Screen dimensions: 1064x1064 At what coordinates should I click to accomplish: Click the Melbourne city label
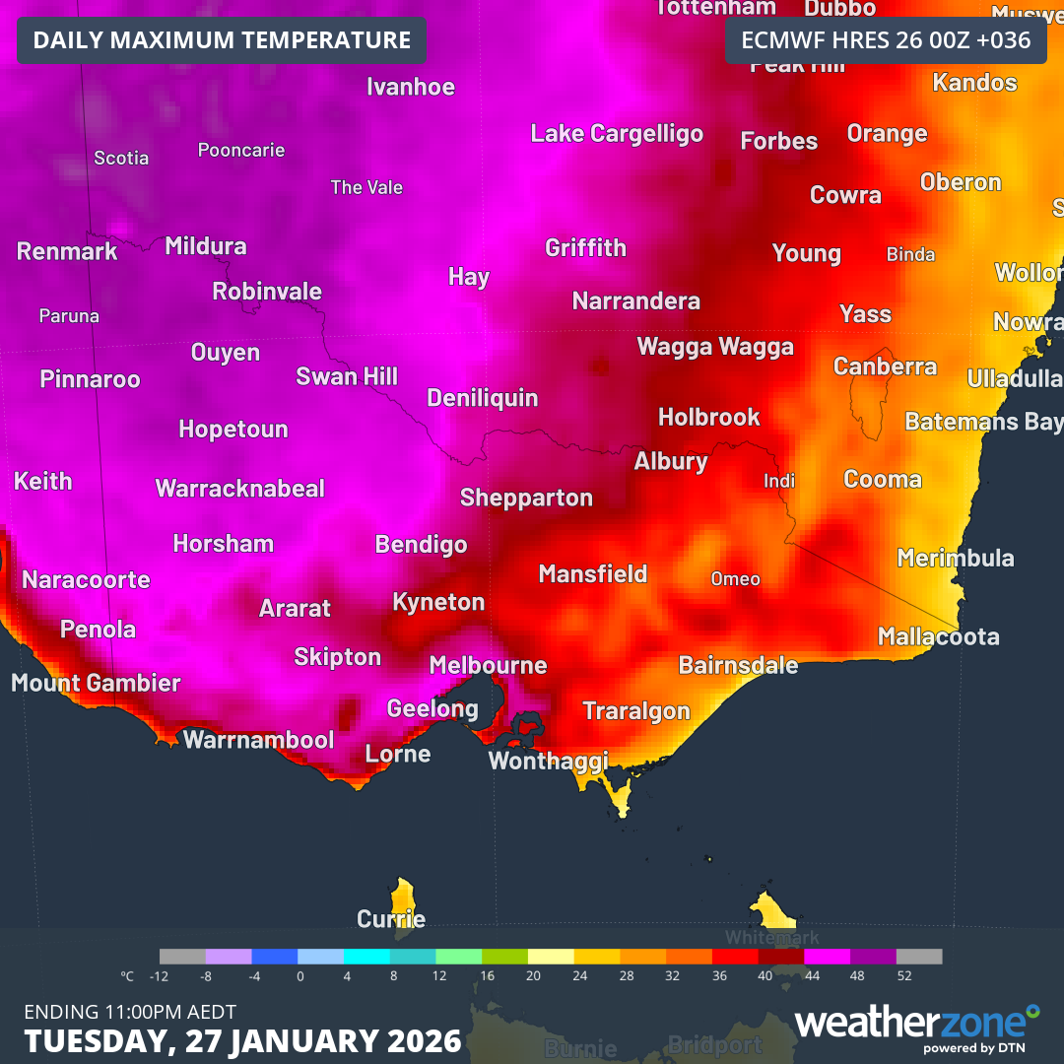(x=488, y=665)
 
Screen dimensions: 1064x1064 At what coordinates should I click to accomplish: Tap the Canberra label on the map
(x=885, y=366)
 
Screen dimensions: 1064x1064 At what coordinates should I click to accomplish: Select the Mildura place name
(x=206, y=246)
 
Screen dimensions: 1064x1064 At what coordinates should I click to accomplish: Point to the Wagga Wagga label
(x=715, y=347)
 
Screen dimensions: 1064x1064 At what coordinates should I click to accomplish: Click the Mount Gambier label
(x=96, y=683)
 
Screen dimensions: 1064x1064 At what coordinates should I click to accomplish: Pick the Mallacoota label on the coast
(x=938, y=636)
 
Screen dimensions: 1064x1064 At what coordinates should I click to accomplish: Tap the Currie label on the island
(x=391, y=919)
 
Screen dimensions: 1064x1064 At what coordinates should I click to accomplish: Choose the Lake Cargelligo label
(x=617, y=134)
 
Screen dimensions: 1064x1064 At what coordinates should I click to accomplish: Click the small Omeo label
(x=735, y=579)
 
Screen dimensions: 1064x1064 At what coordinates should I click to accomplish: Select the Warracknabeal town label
(x=240, y=489)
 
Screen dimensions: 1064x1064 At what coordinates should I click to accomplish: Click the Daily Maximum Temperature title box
(x=222, y=40)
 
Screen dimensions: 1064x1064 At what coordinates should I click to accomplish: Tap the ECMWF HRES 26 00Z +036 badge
(x=886, y=40)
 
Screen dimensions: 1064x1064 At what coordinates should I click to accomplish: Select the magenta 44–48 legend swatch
(x=827, y=957)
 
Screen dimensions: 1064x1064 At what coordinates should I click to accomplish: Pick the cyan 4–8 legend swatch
(x=366, y=957)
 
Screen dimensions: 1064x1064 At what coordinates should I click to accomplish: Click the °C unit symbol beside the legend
(x=127, y=976)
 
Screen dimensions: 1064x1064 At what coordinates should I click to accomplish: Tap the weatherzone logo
(x=916, y=1025)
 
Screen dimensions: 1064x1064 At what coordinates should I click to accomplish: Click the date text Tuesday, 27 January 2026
(x=242, y=1040)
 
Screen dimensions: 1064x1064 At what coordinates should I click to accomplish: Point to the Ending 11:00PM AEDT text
(x=130, y=1011)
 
